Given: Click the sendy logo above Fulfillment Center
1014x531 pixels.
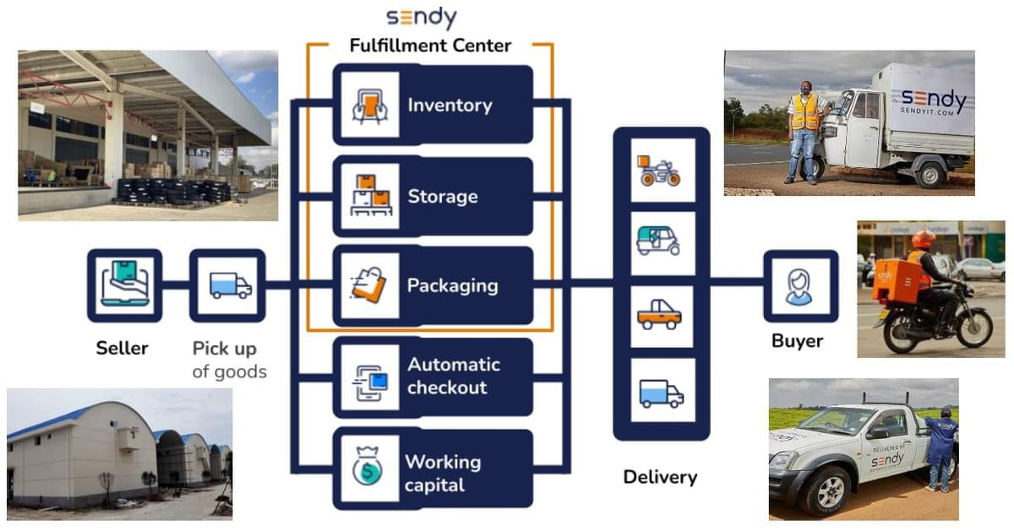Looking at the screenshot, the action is [x=421, y=18].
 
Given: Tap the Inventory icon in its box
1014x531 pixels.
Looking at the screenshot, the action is [x=370, y=106].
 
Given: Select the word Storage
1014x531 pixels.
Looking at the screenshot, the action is [x=443, y=197].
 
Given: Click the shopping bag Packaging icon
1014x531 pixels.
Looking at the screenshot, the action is [x=369, y=285].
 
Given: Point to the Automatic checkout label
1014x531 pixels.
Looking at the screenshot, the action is [x=454, y=376].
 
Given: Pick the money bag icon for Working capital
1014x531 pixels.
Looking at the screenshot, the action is [x=368, y=466].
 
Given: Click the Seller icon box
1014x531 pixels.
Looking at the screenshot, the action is [x=124, y=285].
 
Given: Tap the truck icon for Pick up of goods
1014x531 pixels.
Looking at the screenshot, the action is [x=231, y=285].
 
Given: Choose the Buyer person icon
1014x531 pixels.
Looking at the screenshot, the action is [x=799, y=287].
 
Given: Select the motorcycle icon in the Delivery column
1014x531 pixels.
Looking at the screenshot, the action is [x=658, y=171].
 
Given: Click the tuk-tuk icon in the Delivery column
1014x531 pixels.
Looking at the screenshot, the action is [x=658, y=241].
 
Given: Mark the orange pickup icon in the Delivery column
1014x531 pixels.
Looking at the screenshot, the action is [x=659, y=315].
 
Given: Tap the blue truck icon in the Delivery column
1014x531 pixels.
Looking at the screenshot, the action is [x=661, y=393].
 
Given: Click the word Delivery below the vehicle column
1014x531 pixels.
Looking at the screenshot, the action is [x=660, y=477].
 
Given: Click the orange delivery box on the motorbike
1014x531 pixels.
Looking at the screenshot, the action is [x=896, y=280].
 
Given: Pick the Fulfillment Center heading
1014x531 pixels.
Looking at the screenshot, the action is [x=430, y=46].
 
